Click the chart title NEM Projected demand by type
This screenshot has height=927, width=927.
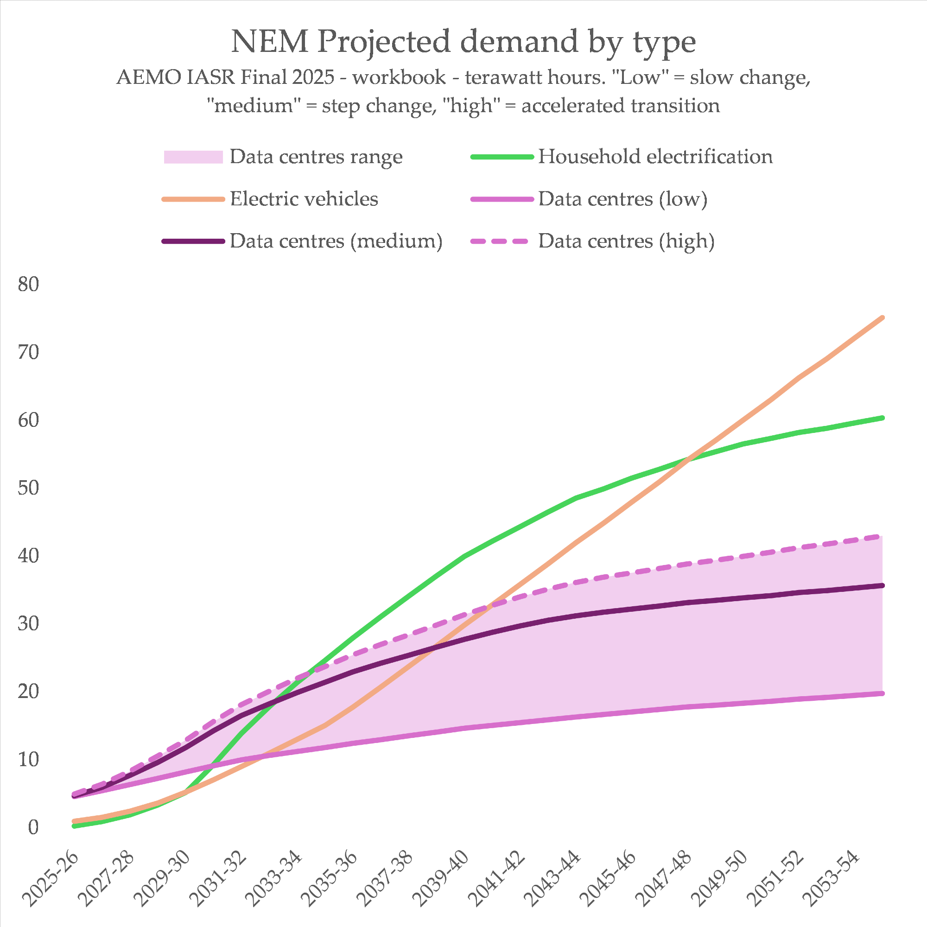tap(463, 42)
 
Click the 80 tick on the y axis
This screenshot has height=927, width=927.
tap(28, 285)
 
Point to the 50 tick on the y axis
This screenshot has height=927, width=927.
tap(28, 488)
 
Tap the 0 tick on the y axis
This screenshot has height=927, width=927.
tap(32, 828)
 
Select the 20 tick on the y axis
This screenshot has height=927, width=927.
tap(28, 692)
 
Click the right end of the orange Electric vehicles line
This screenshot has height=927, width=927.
tap(883, 318)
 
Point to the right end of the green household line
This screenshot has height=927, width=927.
tap(883, 418)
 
